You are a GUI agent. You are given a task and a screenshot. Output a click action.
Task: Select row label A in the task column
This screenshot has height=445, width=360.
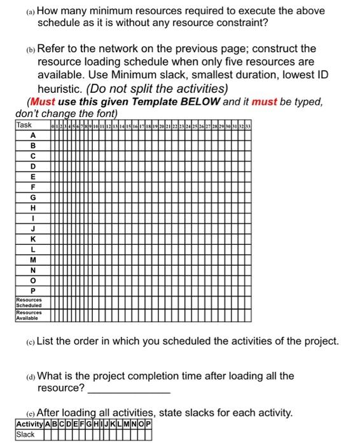tap(32, 135)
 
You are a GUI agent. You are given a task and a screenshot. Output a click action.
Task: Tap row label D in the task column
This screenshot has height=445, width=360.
tap(32, 167)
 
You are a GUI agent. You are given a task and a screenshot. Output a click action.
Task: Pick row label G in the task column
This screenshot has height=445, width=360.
tap(32, 197)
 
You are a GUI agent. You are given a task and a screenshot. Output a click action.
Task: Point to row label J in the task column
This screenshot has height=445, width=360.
tap(32, 229)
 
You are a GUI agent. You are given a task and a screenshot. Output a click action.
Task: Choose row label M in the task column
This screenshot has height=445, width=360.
tap(32, 260)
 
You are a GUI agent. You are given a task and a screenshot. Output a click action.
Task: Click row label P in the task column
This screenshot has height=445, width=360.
tap(32, 291)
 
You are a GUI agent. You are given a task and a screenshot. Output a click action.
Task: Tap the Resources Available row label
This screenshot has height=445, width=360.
tap(29, 315)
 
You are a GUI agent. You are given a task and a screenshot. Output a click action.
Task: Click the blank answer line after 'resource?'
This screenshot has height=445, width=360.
tap(129, 388)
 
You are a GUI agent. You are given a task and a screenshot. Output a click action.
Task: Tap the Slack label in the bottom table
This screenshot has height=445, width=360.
tap(26, 435)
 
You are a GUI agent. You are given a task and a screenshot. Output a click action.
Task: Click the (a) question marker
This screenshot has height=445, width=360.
tap(31, 11)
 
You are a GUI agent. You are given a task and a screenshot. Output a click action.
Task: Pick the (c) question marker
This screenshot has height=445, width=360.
tap(31, 341)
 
